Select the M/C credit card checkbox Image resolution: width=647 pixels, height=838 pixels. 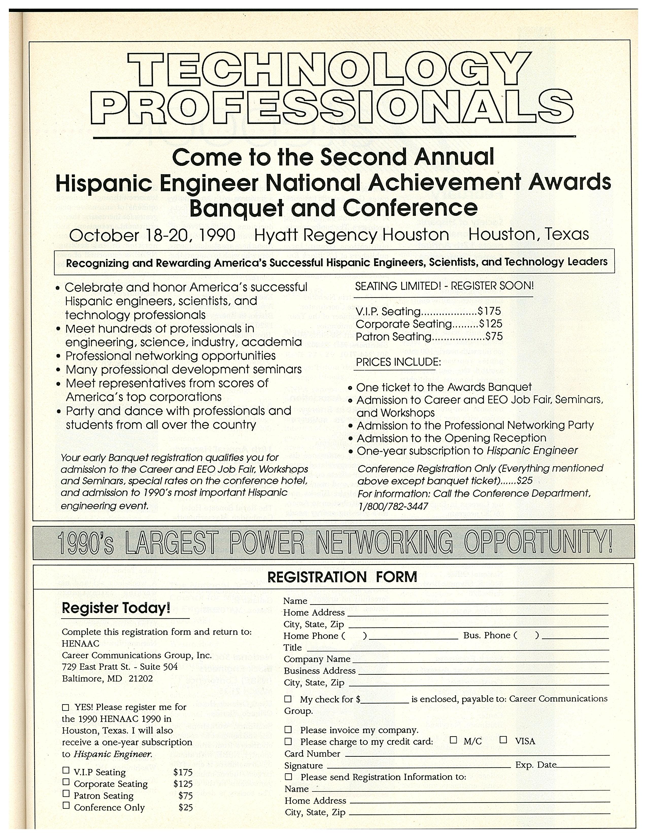[x=453, y=739]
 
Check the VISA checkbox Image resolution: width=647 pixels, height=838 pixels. [x=503, y=739]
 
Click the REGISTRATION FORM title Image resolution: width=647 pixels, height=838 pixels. [x=342, y=577]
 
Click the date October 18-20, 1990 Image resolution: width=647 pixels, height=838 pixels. [x=152, y=235]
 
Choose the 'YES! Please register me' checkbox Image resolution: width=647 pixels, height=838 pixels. [x=65, y=707]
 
